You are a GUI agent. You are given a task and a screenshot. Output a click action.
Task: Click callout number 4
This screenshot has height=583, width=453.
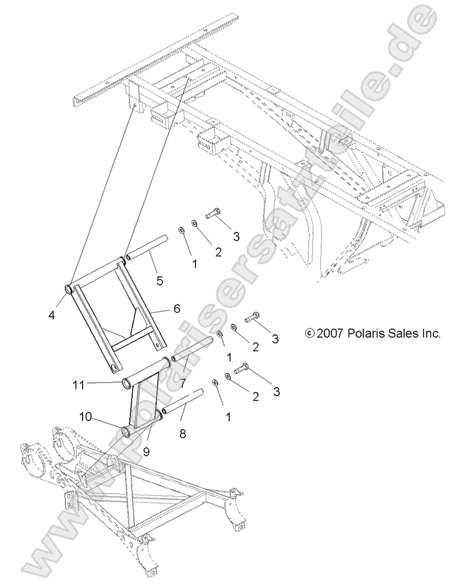[x=52, y=315]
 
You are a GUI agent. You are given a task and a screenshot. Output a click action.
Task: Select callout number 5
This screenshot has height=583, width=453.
[x=160, y=281]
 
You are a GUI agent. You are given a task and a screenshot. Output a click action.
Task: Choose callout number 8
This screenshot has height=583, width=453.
[x=183, y=434]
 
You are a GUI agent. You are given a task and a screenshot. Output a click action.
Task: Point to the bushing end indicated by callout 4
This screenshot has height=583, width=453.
[x=71, y=288]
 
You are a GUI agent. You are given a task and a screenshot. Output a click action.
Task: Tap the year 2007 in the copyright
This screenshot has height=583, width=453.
[x=329, y=333]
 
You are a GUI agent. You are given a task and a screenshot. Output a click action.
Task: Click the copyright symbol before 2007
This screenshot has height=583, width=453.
[x=309, y=333]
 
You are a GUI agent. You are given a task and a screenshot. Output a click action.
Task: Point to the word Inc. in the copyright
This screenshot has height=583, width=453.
[x=430, y=333]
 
